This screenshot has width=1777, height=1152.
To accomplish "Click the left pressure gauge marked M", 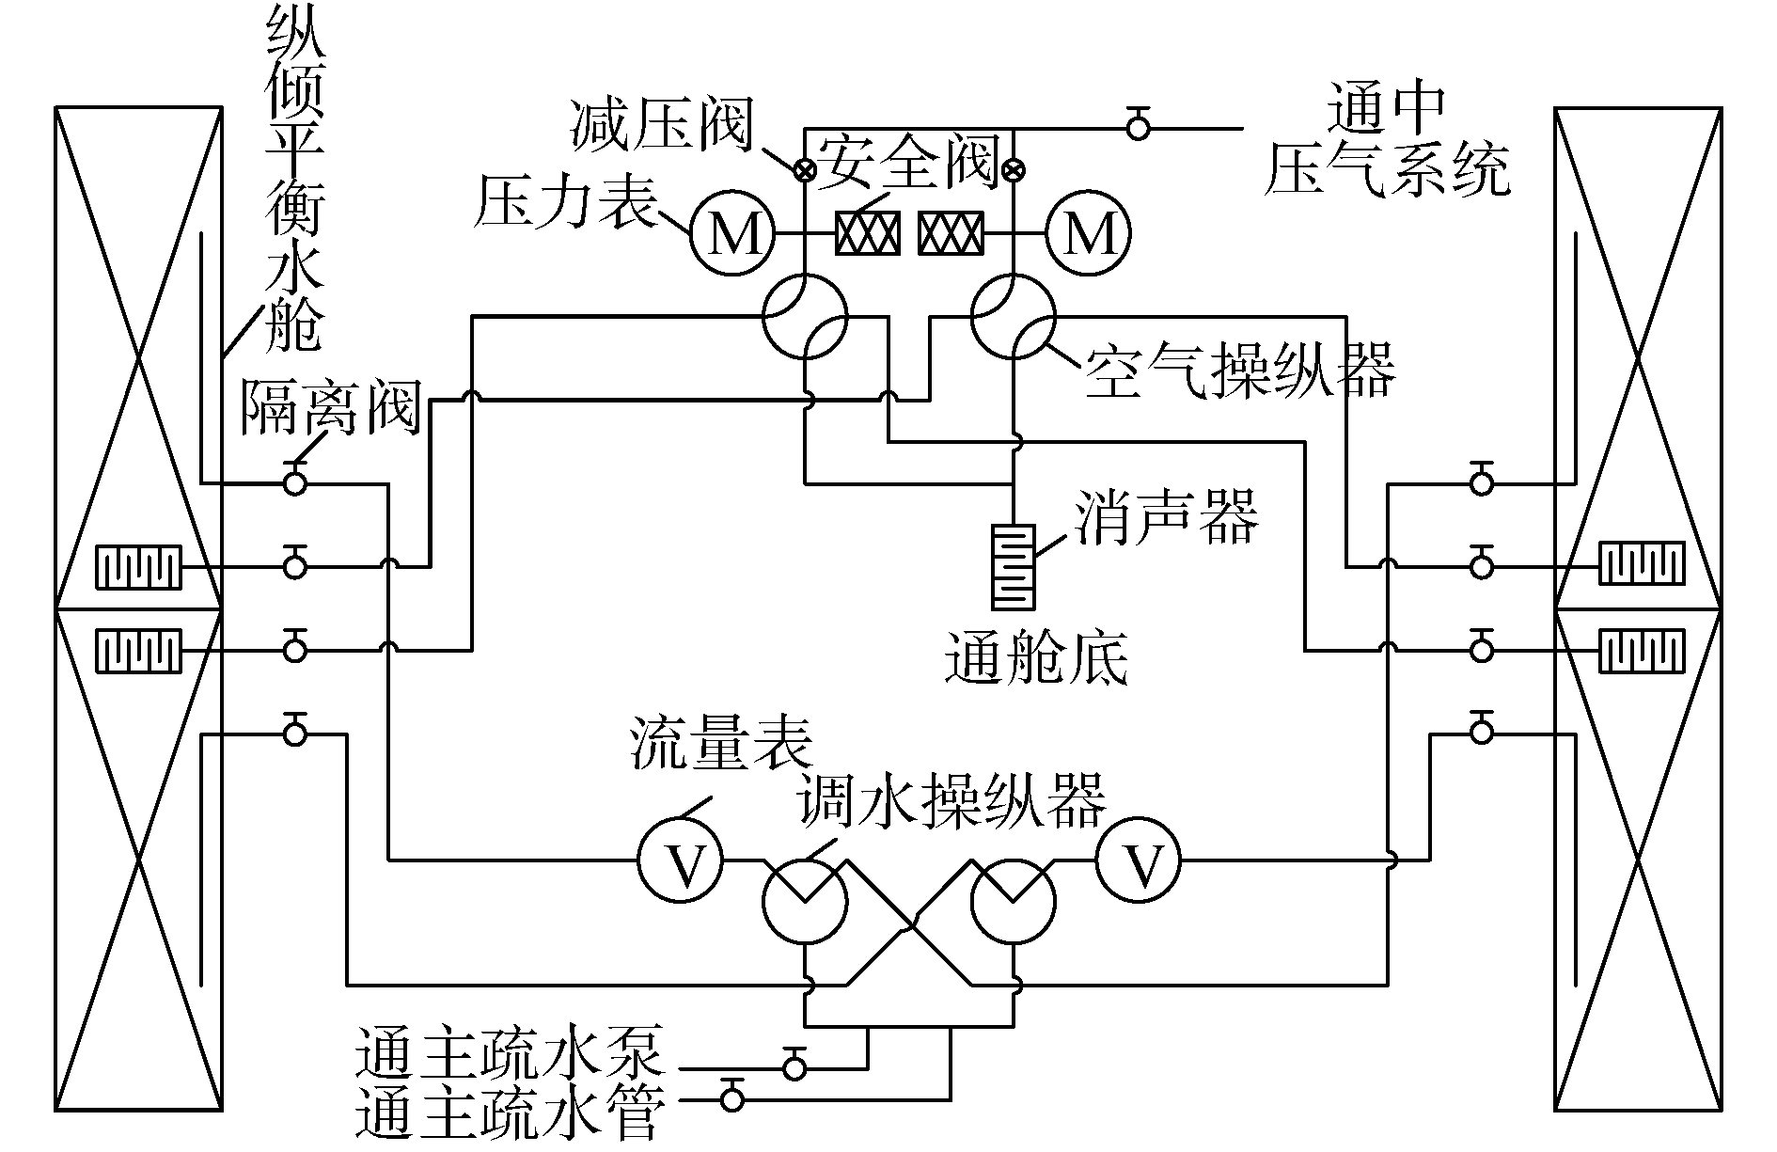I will [x=732, y=232].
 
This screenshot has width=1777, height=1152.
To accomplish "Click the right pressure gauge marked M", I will [x=1090, y=232].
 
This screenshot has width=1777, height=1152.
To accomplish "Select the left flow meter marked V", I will [x=681, y=860].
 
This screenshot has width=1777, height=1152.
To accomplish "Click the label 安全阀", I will [x=906, y=162].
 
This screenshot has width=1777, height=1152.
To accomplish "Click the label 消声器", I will [x=1166, y=516].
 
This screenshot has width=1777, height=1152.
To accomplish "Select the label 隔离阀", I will [x=329, y=407].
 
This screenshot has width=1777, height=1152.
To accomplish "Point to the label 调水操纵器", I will [x=950, y=800].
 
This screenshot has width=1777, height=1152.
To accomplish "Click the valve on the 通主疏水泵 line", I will [x=795, y=1067].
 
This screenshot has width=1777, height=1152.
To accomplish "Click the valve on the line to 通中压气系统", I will [x=1139, y=127].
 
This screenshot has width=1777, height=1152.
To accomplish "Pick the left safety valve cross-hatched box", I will [x=868, y=232].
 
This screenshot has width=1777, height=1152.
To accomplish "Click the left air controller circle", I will [x=805, y=316].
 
